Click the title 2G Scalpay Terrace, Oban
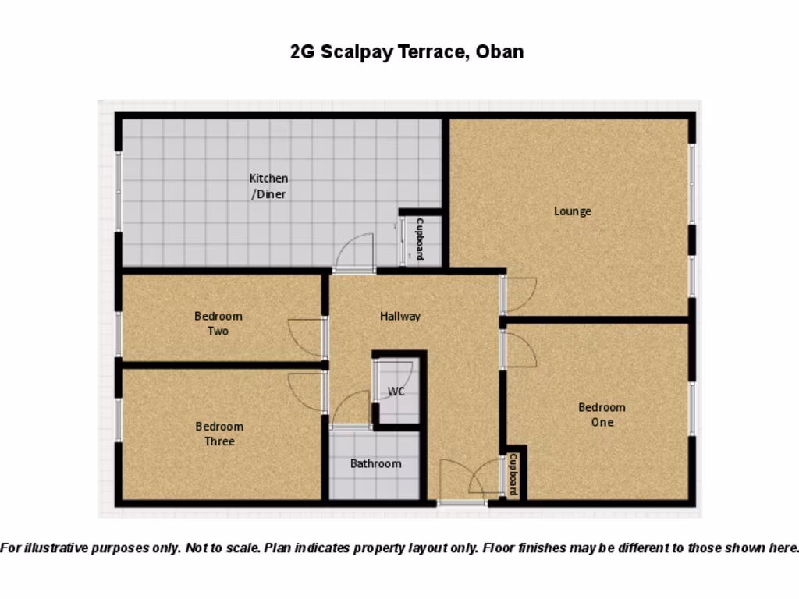click(407, 52)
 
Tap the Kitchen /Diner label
click(268, 186)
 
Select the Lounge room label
click(573, 211)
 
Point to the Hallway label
click(400, 316)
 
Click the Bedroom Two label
click(218, 324)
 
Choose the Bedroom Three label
click(219, 434)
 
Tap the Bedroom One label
click(602, 414)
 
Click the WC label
click(396, 392)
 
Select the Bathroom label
click(375, 463)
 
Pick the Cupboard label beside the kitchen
click(420, 239)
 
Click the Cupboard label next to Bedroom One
click(513, 475)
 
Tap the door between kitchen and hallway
click(355, 253)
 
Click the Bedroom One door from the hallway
click(518, 349)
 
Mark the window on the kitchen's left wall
click(119, 191)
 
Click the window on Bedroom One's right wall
click(691, 408)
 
